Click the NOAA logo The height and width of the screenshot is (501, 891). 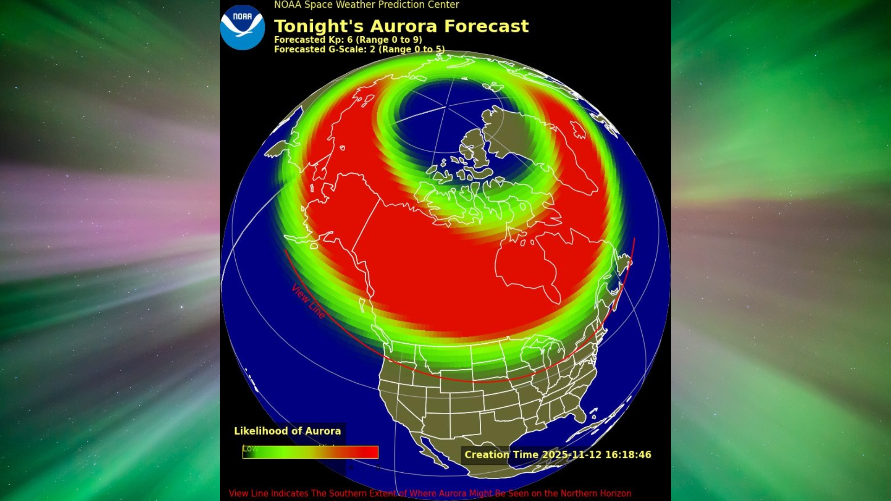242,27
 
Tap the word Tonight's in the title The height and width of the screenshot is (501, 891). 319,26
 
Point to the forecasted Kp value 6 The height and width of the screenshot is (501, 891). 350,40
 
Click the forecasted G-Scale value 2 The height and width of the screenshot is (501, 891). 372,49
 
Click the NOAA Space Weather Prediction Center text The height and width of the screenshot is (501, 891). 366,5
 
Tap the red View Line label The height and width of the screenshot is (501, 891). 308,302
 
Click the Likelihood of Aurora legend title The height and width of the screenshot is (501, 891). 287,431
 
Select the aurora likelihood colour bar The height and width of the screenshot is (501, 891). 310,452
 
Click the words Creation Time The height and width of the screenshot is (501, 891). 501,455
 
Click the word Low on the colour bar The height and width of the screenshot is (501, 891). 250,449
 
